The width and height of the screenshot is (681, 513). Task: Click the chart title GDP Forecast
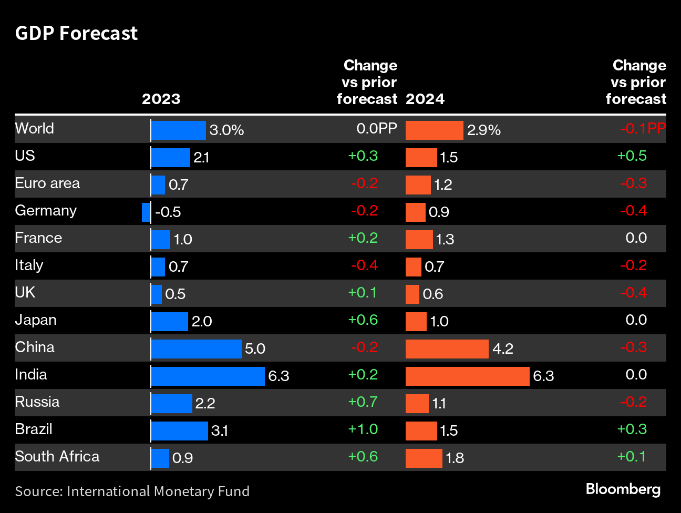tap(76, 33)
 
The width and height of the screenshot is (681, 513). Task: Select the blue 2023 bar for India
tap(208, 376)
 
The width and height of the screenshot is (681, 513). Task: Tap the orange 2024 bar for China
tap(447, 348)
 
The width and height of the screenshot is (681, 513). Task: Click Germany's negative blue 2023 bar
tap(146, 212)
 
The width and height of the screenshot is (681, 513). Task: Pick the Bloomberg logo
tap(623, 489)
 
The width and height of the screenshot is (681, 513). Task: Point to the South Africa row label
tap(57, 456)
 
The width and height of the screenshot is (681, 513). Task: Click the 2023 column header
tap(161, 99)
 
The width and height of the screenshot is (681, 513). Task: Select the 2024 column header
tap(425, 99)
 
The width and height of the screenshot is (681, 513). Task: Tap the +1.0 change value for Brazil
tap(363, 429)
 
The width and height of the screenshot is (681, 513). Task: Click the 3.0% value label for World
tap(226, 130)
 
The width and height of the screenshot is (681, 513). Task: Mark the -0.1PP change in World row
tap(642, 128)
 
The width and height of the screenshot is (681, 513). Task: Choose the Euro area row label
tap(47, 183)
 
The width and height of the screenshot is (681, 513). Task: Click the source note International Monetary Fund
tap(132, 491)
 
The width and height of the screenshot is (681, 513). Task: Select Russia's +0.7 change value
tap(363, 402)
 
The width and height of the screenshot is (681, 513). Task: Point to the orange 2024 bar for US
tap(421, 157)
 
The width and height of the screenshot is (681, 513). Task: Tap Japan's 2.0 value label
tap(202, 321)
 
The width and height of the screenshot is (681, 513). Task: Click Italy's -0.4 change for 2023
tap(364, 265)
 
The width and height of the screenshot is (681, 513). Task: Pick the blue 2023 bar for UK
tap(156, 294)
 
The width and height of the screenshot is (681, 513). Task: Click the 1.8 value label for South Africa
tap(455, 458)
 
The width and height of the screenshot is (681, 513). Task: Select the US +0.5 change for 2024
tap(632, 156)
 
